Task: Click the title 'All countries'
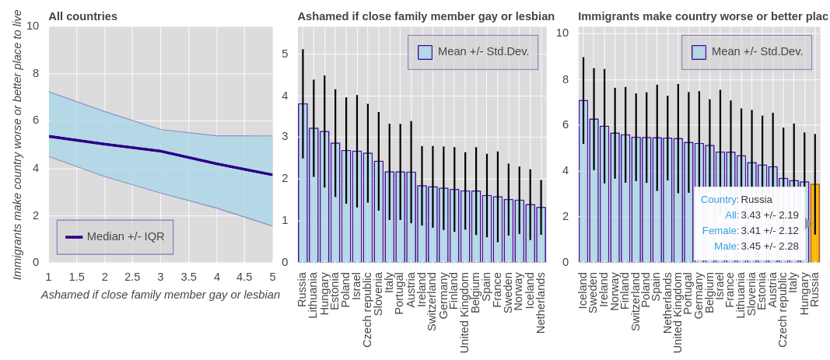(x=82, y=16)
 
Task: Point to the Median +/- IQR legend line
(x=74, y=237)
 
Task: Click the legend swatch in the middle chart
(x=425, y=52)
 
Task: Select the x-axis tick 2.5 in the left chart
(x=132, y=277)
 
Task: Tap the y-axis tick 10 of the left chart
(x=33, y=26)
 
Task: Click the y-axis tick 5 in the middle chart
(x=285, y=54)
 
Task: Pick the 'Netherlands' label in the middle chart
(x=541, y=302)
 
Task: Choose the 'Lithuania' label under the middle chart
(x=313, y=295)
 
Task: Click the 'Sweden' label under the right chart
(x=594, y=292)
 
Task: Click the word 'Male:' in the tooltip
(x=727, y=246)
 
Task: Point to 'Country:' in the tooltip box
(x=720, y=199)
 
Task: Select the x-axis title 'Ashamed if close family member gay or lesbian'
(x=160, y=295)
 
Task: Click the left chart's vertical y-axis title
(x=17, y=145)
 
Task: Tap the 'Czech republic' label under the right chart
(x=783, y=309)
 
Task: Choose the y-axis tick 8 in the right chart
(x=562, y=79)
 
